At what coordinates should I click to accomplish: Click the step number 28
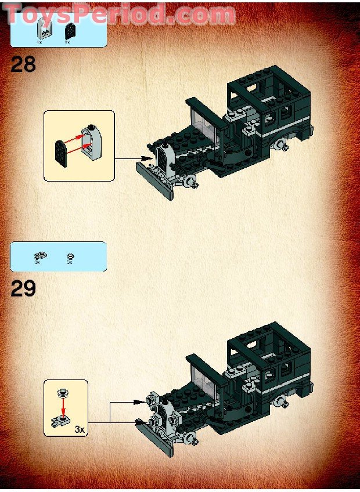point(23,64)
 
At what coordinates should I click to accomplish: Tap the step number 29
point(23,288)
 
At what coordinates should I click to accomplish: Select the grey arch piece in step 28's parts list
point(42,28)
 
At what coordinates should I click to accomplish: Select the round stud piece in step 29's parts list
point(70,255)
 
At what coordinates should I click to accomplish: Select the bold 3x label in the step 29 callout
point(80,430)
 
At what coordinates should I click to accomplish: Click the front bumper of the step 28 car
point(154,180)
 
